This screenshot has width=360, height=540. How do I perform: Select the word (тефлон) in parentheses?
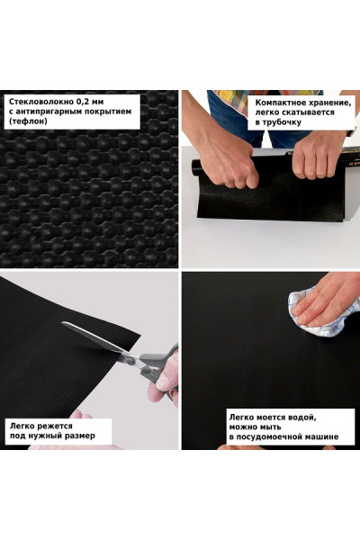pyautogui.click(x=28, y=121)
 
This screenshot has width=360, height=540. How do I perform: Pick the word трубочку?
pyautogui.click(x=282, y=122)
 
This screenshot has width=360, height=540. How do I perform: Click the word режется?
pyautogui.click(x=56, y=427)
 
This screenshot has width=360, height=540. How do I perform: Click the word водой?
pyautogui.click(x=302, y=418)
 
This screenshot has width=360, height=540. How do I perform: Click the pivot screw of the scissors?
pyautogui.click(x=130, y=361)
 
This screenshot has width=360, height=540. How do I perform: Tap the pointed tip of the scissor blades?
pyautogui.click(x=62, y=323)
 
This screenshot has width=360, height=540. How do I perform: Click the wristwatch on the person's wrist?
pyautogui.click(x=351, y=131)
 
